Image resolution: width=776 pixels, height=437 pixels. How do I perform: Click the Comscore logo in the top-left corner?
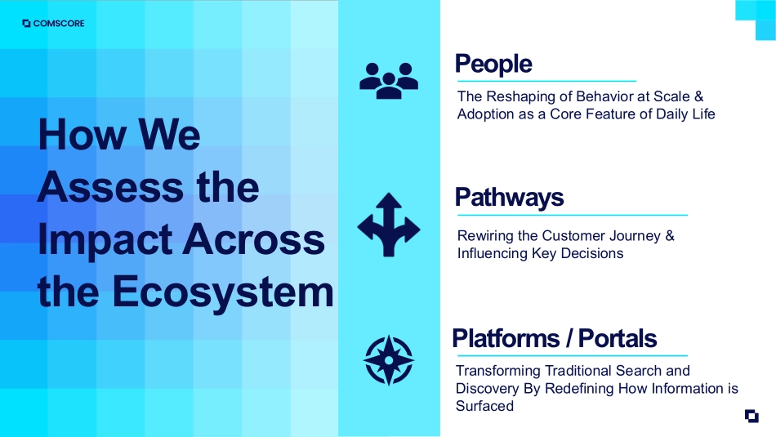[x=53, y=23]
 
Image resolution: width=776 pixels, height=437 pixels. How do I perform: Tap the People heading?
[x=493, y=64]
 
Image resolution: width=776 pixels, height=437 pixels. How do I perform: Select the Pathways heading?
[x=509, y=198]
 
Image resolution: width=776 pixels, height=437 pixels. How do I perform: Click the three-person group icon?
[x=389, y=81]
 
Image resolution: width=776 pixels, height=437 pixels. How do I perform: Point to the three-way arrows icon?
[x=389, y=225]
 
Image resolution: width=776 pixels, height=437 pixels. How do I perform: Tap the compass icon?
[x=389, y=360]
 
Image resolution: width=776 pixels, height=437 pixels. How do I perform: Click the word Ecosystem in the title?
[x=223, y=292]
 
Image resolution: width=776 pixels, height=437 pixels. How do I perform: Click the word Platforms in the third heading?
[x=506, y=338]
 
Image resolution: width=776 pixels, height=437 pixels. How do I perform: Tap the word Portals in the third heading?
[x=618, y=338]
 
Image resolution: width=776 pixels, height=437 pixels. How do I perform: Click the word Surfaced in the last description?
[x=484, y=406]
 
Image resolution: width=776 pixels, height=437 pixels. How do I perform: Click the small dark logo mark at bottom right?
[x=751, y=417]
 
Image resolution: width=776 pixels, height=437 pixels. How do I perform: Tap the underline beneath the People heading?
[x=546, y=81]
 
